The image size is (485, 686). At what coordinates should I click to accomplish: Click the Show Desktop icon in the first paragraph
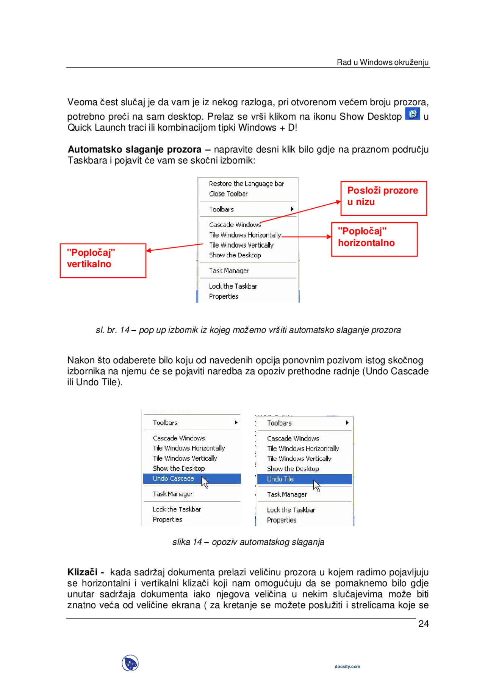(412, 114)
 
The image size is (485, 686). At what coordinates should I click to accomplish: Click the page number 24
(423, 623)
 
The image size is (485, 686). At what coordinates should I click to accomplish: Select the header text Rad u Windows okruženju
(382, 63)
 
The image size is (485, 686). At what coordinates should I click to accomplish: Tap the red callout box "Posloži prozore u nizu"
(383, 198)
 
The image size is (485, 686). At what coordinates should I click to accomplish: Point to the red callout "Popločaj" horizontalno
(374, 239)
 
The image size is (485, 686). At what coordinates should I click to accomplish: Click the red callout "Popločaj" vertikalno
(103, 261)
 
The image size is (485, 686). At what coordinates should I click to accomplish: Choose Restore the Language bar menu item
(246, 184)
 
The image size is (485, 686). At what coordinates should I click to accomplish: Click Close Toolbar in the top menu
(228, 194)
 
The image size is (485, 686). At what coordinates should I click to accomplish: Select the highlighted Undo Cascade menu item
(174, 478)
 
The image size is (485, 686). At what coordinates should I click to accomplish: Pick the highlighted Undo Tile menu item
(280, 479)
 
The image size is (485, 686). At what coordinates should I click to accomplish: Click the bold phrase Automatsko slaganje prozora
(135, 150)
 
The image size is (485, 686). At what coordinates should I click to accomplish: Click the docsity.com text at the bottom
(347, 666)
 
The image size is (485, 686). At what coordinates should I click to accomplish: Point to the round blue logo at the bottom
(130, 663)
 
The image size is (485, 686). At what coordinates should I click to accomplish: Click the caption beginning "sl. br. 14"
(248, 330)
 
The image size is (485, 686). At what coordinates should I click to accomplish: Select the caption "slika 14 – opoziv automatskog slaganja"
(248, 542)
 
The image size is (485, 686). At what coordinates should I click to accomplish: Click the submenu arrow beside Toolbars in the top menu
(292, 209)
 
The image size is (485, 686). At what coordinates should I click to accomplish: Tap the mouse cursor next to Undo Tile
(317, 485)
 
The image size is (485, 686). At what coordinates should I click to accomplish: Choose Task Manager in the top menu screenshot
(229, 271)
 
